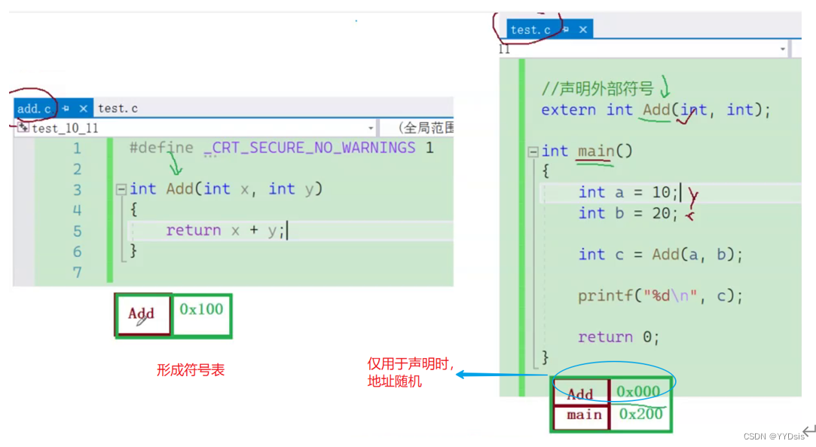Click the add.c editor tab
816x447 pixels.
coord(34,109)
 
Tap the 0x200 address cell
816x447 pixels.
coord(640,415)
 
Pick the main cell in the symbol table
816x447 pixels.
coord(583,415)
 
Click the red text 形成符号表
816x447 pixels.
coord(191,370)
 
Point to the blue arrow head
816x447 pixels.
coord(461,374)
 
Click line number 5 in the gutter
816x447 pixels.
coord(77,231)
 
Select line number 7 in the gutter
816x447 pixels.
coord(77,272)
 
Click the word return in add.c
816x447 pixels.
coord(193,231)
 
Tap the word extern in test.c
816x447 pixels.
coord(568,110)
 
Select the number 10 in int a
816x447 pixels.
coord(661,192)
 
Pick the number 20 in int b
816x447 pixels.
coord(661,213)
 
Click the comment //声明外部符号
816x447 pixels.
coord(597,89)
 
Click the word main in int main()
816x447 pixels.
coord(595,152)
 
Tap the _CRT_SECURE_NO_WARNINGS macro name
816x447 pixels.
coord(310,148)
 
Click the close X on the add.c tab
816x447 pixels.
coord(83,109)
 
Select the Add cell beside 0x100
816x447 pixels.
coord(142,314)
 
